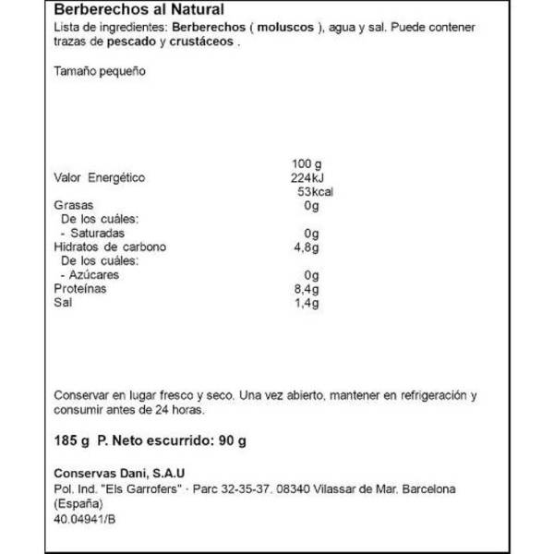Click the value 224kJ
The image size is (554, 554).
305,177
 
